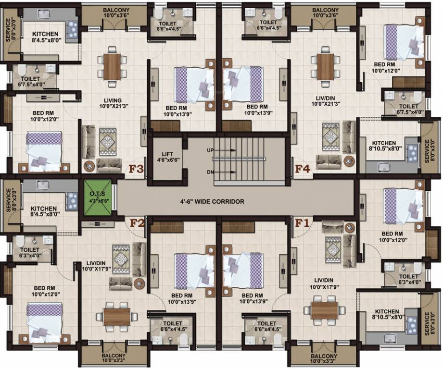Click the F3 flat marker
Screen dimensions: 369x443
tap(136, 169)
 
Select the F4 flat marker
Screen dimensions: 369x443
tap(303, 169)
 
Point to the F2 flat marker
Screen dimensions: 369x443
tap(137, 223)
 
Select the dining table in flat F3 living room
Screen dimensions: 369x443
tap(112, 66)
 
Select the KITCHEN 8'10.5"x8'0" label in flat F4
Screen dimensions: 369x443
tap(383, 146)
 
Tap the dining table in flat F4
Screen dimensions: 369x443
tap(326, 66)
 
